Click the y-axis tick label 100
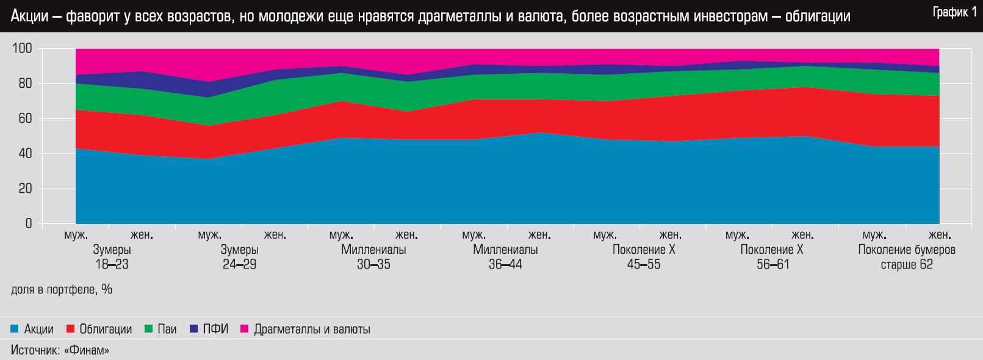click(22, 49)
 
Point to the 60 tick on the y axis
click(25, 118)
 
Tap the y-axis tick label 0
click(29, 224)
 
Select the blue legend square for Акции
click(15, 329)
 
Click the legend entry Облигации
click(106, 329)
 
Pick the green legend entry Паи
click(167, 329)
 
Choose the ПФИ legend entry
click(215, 329)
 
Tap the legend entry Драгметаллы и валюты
click(312, 329)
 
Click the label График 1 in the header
click(954, 12)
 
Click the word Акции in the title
click(29, 16)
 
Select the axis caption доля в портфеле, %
click(62, 289)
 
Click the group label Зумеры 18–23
click(112, 257)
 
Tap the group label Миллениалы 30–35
click(373, 257)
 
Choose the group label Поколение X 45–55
click(644, 257)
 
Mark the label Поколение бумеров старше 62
click(907, 257)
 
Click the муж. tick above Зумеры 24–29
click(210, 235)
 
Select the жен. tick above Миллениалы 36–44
click(539, 235)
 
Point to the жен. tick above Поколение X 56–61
click(802, 235)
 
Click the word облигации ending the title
click(818, 16)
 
